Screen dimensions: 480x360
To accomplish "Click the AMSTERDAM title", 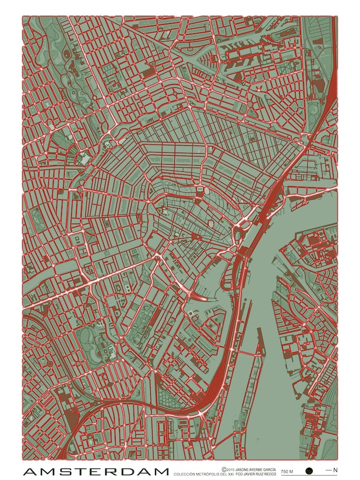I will tap(96, 471).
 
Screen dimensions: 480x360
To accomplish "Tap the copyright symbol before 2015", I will tap(224, 469).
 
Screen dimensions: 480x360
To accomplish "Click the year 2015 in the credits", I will tap(230, 469).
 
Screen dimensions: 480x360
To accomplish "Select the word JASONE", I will tap(241, 469).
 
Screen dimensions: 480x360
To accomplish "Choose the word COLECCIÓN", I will tap(185, 474).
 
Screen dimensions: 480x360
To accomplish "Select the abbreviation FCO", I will tap(240, 474).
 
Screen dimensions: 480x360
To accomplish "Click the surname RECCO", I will tap(273, 474).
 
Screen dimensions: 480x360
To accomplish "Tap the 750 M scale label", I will tap(287, 471).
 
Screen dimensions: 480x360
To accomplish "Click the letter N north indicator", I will tap(335, 469).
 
